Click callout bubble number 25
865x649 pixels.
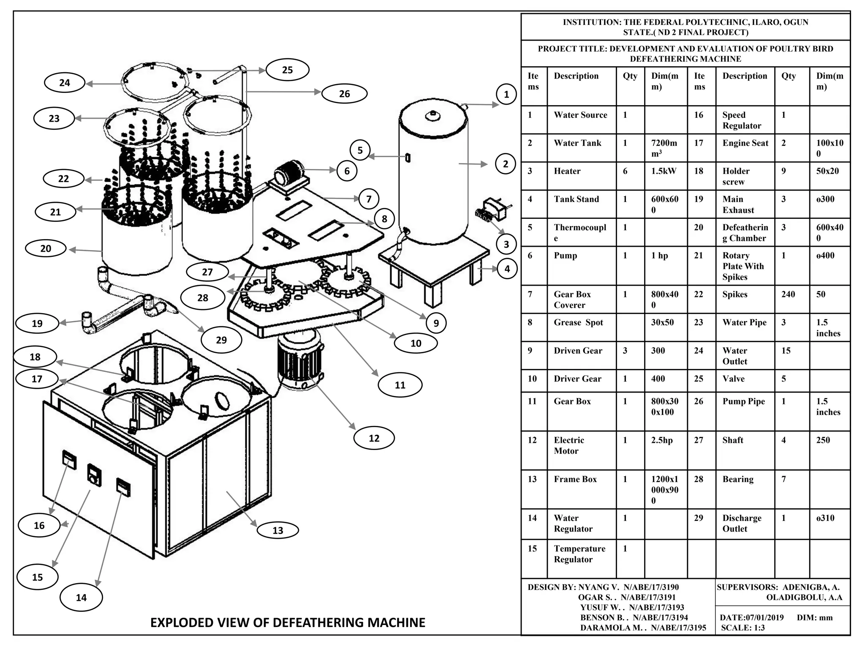coord(287,70)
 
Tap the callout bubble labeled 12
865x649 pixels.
coord(374,438)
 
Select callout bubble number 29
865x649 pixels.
coord(221,340)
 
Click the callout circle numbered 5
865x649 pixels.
coord(360,150)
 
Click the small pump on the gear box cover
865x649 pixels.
coord(288,174)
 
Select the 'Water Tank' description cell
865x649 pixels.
coord(577,143)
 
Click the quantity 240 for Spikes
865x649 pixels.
coord(788,294)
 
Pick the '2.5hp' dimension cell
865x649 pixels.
coord(661,440)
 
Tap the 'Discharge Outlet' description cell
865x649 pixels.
coord(742,523)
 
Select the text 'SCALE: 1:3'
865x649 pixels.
coord(743,627)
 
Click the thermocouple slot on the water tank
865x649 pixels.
coord(408,158)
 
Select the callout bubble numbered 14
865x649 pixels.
coord(81,597)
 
